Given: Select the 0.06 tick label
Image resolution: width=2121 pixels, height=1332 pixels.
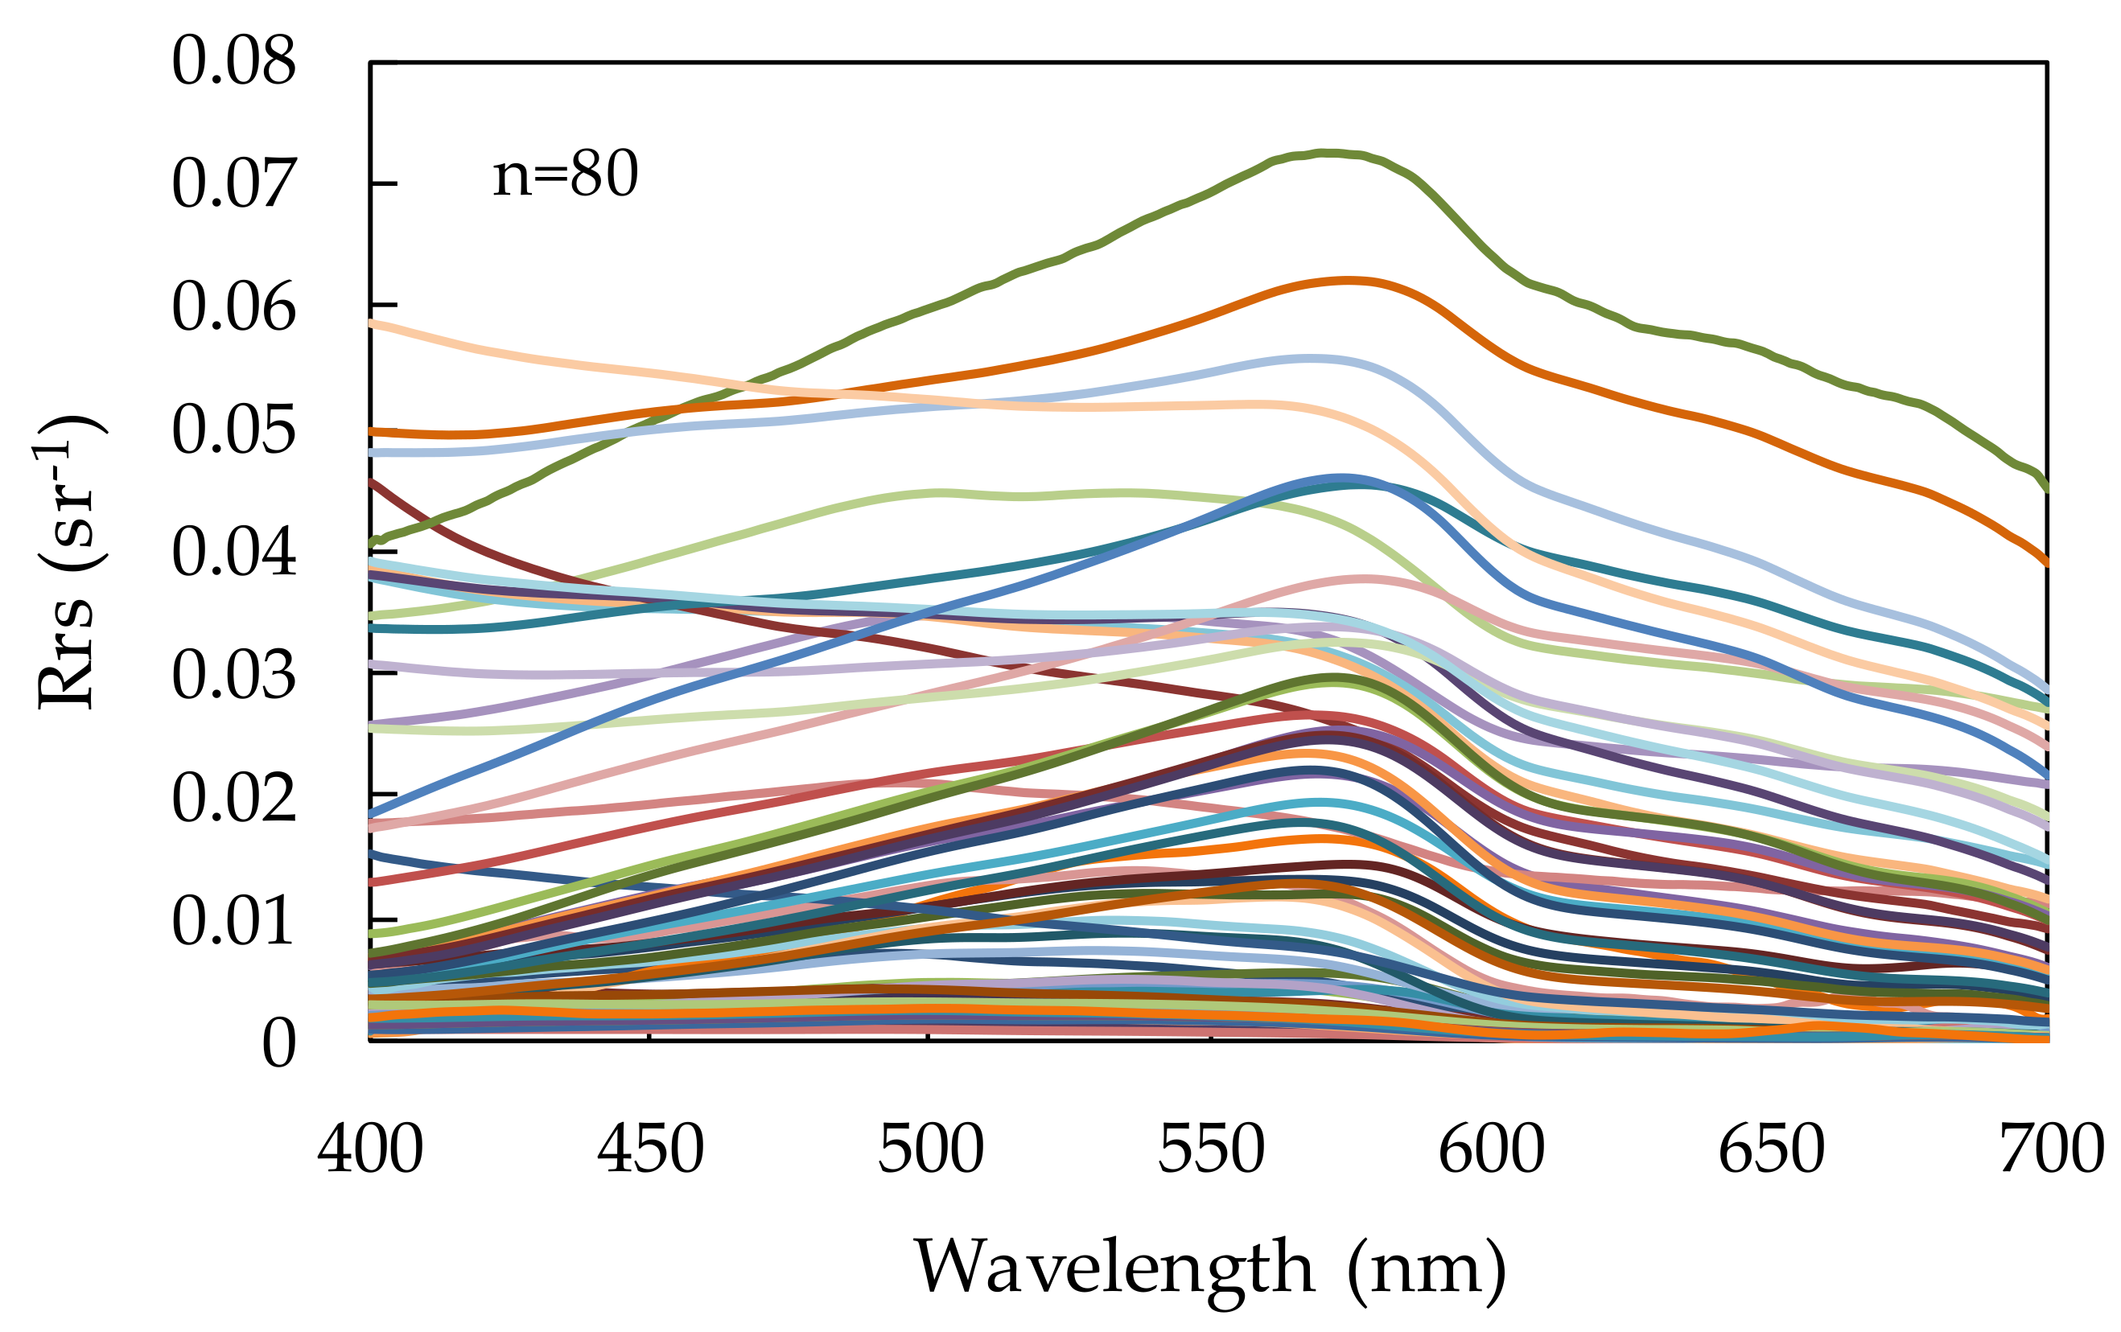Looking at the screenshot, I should pyautogui.click(x=233, y=307).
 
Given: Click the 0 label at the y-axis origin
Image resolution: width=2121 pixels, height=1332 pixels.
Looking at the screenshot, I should pyautogui.click(x=278, y=1043).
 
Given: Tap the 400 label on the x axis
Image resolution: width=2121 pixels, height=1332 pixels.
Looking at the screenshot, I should pyautogui.click(x=370, y=1149).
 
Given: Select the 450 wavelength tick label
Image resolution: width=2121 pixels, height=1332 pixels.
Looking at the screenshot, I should pyautogui.click(x=650, y=1149).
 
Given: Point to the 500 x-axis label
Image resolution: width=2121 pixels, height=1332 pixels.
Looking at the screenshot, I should pyautogui.click(x=930, y=1149).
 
